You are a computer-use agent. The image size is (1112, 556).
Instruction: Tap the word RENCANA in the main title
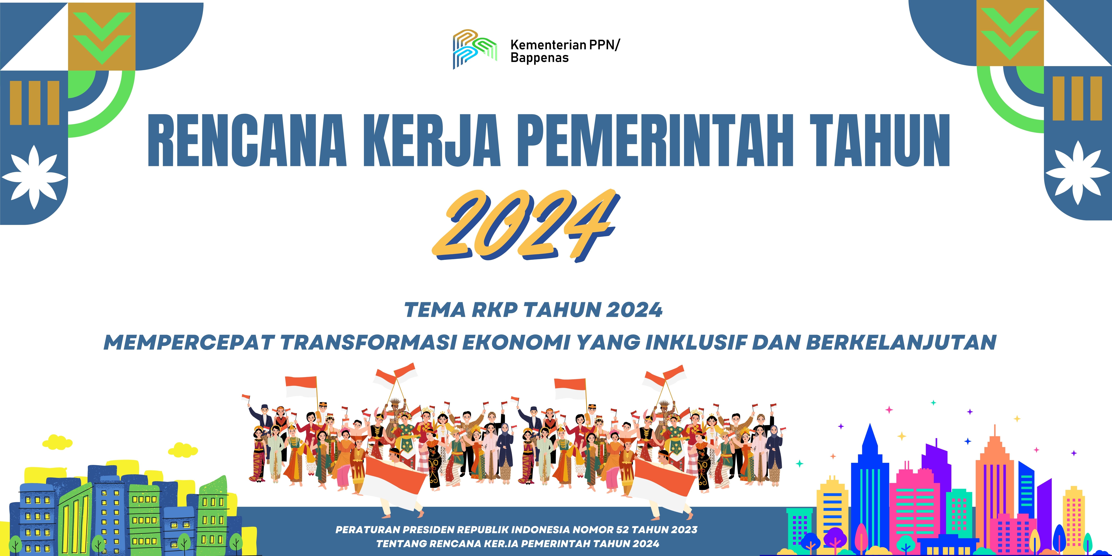(247, 141)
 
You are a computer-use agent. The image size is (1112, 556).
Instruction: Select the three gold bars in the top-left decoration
(35, 103)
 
